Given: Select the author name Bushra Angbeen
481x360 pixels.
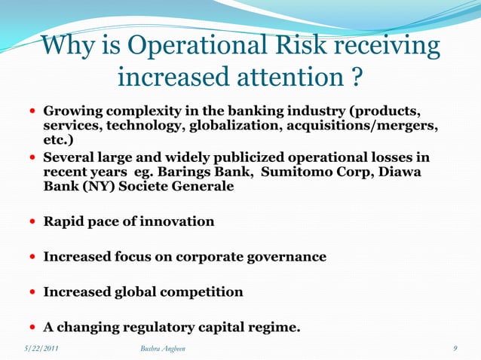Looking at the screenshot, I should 163,348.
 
